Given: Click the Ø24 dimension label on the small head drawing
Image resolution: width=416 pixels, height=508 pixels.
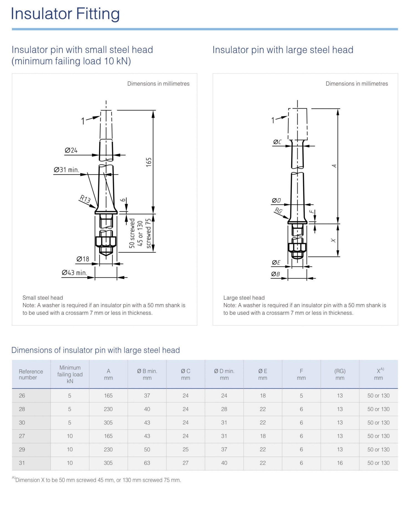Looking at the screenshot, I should pyautogui.click(x=71, y=150).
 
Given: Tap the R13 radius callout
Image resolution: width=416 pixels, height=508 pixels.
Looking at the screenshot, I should pyautogui.click(x=85, y=199).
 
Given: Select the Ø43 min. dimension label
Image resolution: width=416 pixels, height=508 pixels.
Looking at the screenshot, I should pyautogui.click(x=74, y=273).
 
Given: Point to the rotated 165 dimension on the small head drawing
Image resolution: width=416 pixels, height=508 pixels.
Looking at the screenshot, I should pyautogui.click(x=149, y=162).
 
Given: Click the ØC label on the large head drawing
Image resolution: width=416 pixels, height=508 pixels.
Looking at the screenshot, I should pyautogui.click(x=277, y=142).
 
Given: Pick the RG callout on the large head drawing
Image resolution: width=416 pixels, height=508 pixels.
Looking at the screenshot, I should pyautogui.click(x=278, y=211).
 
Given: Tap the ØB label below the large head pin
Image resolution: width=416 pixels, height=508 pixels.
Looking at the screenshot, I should pyautogui.click(x=275, y=274).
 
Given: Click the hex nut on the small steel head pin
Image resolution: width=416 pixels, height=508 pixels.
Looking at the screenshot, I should pyautogui.click(x=106, y=241).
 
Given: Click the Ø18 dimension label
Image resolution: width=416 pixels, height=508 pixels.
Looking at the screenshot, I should pyautogui.click(x=83, y=259).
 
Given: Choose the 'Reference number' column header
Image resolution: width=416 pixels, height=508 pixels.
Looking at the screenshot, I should pyautogui.click(x=31, y=374).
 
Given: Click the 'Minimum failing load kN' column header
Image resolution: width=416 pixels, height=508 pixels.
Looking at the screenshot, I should pyautogui.click(x=70, y=374).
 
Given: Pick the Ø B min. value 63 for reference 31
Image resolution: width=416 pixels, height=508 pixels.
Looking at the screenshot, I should pyautogui.click(x=147, y=463).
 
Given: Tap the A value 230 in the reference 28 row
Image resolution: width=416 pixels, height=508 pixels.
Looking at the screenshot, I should pyautogui.click(x=108, y=409).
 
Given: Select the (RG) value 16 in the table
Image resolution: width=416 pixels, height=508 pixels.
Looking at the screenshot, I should pyautogui.click(x=340, y=463).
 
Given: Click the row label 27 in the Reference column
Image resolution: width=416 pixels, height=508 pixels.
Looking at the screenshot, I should pyautogui.click(x=22, y=436).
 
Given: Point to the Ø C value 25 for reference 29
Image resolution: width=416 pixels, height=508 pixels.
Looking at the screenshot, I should pyautogui.click(x=186, y=449).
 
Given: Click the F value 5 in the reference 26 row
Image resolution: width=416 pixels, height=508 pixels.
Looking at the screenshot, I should pyautogui.click(x=301, y=396).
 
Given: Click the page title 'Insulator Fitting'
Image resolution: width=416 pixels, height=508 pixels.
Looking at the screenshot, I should pyautogui.click(x=65, y=14).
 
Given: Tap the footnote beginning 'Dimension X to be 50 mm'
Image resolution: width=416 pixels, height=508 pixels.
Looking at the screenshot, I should pyautogui.click(x=97, y=480).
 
